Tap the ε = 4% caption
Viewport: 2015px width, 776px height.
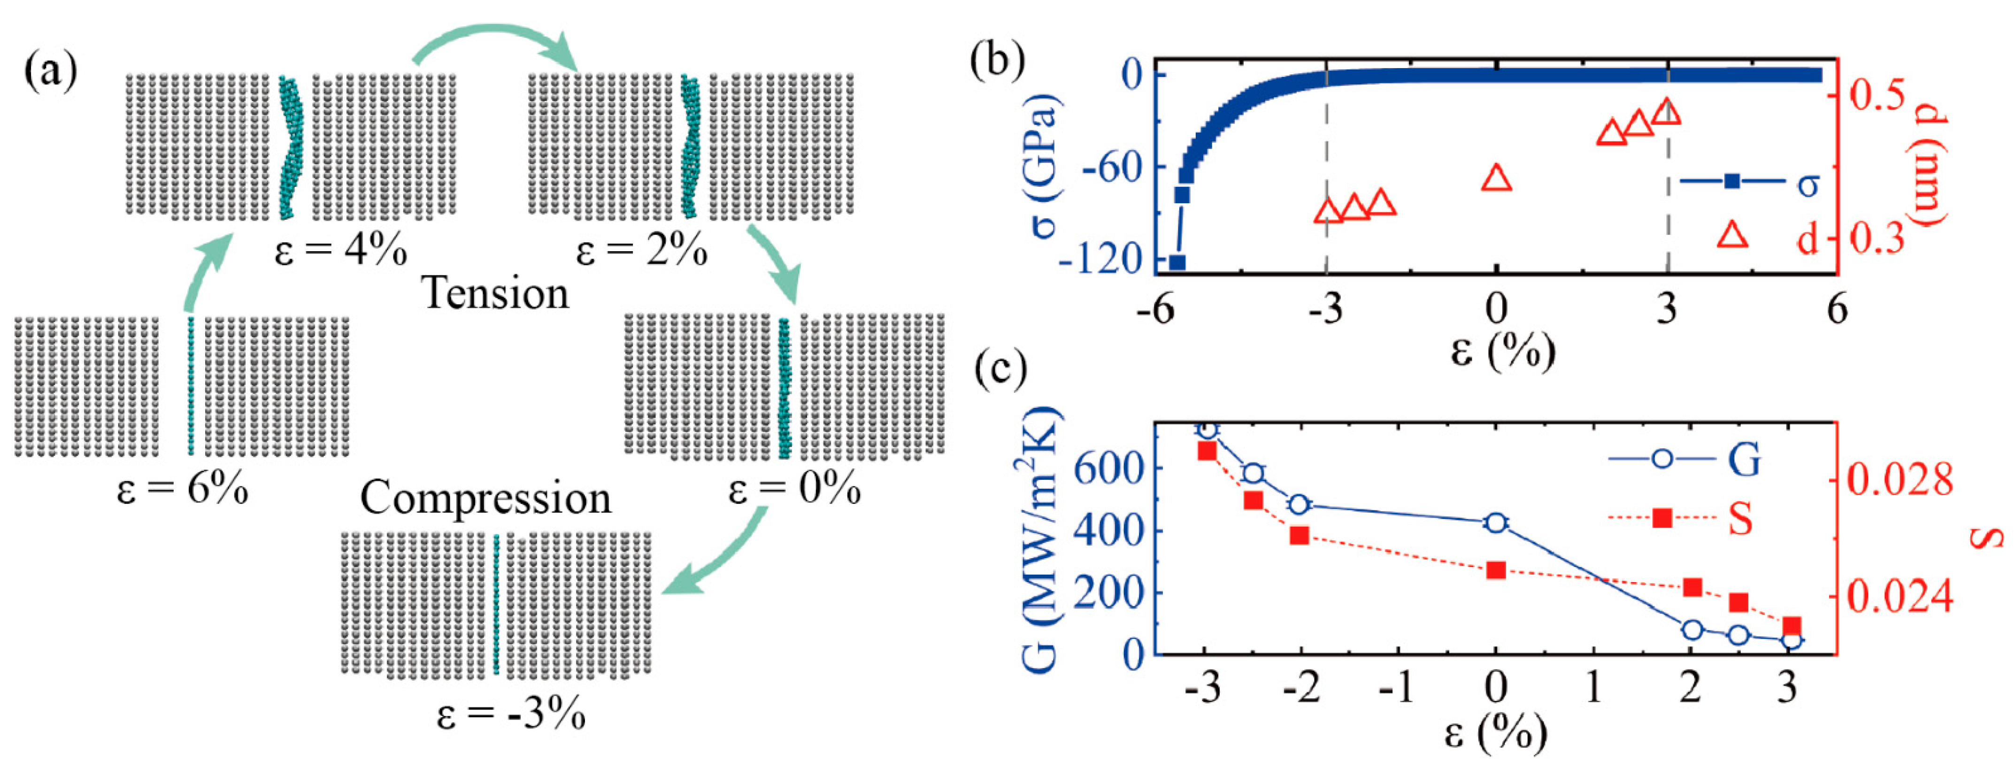[340, 252]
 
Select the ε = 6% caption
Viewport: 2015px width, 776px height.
[182, 491]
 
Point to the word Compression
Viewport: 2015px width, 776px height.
[485, 498]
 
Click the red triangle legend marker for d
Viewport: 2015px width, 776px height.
[1732, 235]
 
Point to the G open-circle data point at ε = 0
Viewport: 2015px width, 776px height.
[1496, 522]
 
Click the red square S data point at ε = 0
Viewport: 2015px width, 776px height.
[1496, 570]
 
